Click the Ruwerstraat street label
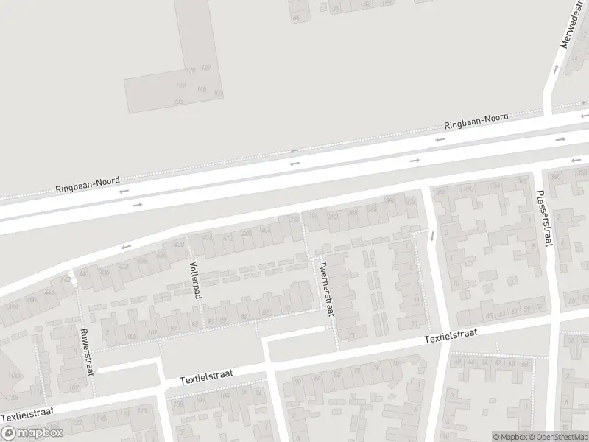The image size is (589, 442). (x=88, y=351)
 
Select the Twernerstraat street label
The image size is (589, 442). (x=326, y=288)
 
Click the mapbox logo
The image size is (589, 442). (x=33, y=432)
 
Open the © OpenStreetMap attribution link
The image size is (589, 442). (x=557, y=437)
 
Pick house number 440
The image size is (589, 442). (x=83, y=274)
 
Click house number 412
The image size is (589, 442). (x=228, y=237)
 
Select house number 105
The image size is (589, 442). (x=133, y=337)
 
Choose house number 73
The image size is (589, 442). (x=350, y=337)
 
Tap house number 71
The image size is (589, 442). (x=417, y=324)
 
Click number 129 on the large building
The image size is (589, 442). (x=205, y=68)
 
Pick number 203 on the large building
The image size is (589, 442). (x=177, y=102)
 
